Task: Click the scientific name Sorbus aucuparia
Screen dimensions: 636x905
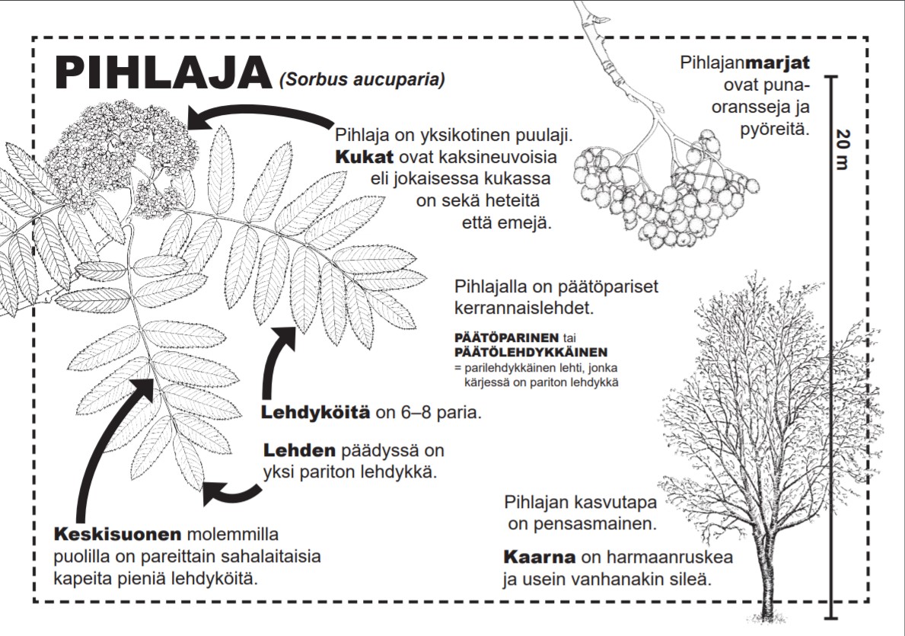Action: (x=362, y=79)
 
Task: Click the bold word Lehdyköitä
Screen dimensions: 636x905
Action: (x=316, y=414)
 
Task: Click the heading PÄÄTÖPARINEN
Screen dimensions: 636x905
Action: (x=505, y=337)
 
